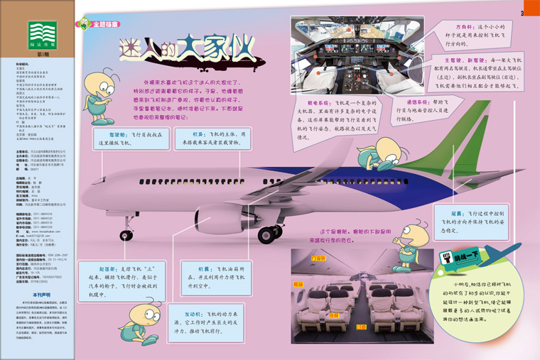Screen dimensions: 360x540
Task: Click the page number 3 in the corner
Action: [522, 12]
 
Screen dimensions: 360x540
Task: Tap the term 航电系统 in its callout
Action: [315, 103]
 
